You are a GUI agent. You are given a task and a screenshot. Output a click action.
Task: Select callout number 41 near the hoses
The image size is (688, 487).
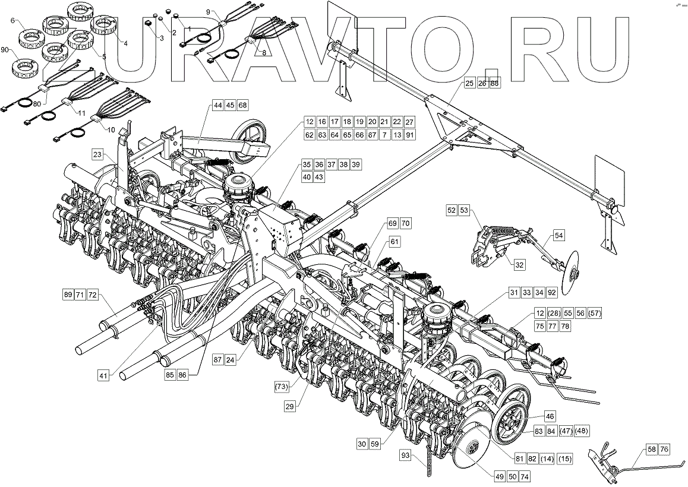point(105,375)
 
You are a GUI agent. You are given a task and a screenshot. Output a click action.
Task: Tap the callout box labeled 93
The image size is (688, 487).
point(406,456)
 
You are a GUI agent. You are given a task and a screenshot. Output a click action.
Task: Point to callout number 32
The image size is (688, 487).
point(519,265)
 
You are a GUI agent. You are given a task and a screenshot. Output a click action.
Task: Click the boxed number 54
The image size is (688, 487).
point(559,236)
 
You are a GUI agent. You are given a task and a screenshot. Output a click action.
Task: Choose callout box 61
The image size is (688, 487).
point(395,242)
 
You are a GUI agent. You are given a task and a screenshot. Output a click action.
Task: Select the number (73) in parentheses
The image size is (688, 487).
point(282,387)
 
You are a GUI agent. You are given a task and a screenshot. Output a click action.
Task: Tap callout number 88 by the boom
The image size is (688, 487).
point(494,84)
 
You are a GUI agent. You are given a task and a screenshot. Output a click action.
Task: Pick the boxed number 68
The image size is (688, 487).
point(242,105)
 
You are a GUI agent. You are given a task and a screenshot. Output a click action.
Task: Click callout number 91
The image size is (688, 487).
point(409,135)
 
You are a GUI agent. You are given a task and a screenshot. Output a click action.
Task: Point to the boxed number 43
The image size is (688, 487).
point(319,178)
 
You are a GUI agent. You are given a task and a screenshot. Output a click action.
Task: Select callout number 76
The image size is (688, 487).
point(664,450)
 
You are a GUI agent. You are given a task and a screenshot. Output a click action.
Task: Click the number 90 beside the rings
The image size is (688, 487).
point(5,50)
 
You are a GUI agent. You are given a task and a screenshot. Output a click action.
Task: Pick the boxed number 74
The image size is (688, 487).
point(523,476)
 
